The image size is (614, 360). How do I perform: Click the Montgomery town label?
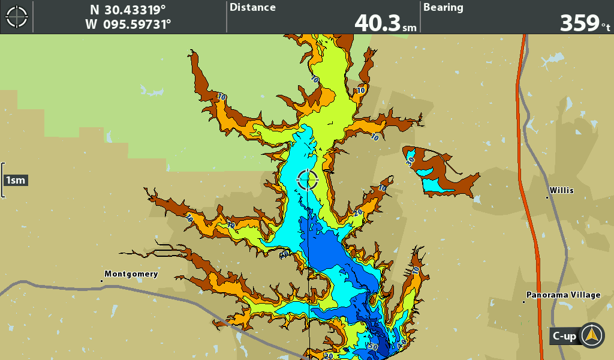coord(131,274)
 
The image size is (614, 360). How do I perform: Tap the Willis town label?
coord(562,191)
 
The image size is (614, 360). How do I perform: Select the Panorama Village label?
coord(564,295)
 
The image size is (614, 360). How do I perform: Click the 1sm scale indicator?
coord(16,180)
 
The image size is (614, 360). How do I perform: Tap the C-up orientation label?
coord(564,337)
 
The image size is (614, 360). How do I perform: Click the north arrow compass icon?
coord(592,335)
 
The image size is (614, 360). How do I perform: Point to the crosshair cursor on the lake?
coord(308,179)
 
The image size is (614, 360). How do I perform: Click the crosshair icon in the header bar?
coord(17,17)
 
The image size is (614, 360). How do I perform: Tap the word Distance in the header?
coord(252,8)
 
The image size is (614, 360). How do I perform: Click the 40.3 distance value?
coord(377,23)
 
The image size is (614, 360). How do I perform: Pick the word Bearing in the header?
coord(443,8)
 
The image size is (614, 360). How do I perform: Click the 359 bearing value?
coord(579,23)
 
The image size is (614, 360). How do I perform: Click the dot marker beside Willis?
coord(547,196)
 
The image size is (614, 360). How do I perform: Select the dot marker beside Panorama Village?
coord(524,301)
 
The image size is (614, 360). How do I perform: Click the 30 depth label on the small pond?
coord(410,160)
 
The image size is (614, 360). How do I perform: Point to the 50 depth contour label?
coord(373,347)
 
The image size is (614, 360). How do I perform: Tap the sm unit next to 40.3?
coord(410,28)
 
